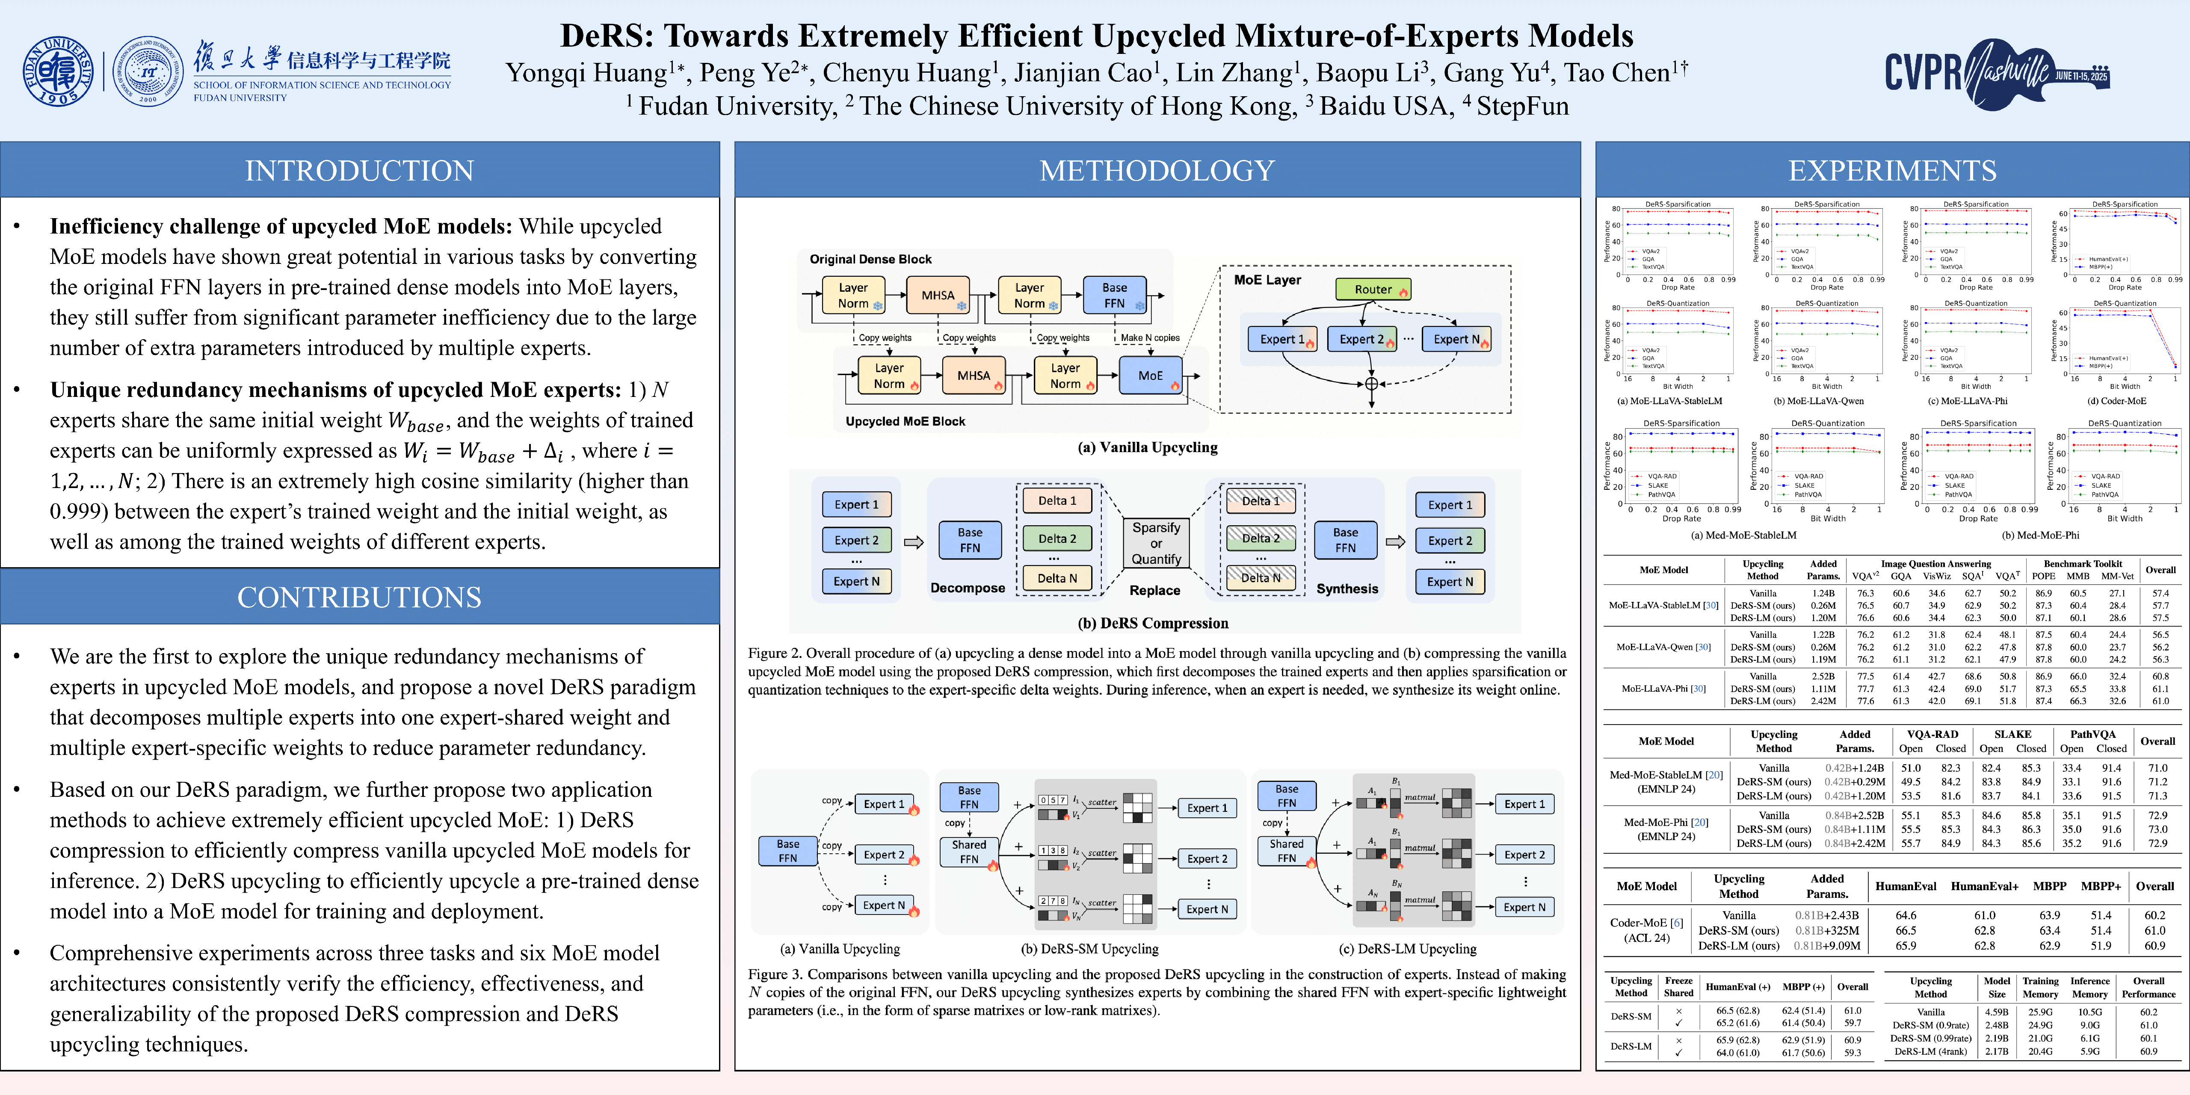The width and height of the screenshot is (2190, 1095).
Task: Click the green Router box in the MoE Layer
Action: click(1372, 289)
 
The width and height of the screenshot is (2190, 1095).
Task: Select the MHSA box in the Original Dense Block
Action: click(938, 295)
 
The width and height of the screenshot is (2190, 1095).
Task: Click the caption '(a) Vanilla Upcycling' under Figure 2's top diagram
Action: click(1147, 447)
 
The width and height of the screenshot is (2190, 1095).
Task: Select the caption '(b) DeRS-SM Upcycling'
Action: click(1089, 949)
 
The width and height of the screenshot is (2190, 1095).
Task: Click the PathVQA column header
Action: click(2092, 734)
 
